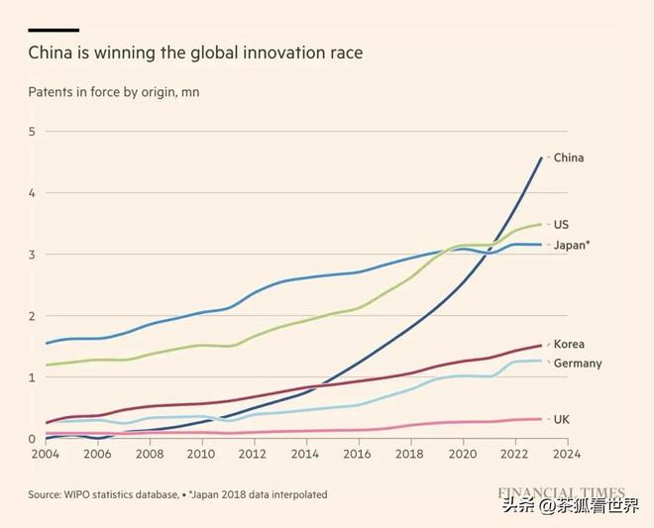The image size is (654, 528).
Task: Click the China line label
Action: pos(569,158)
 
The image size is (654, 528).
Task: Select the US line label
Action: pos(561,225)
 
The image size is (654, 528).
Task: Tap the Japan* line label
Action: pos(572,245)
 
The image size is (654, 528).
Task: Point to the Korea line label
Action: pos(569,344)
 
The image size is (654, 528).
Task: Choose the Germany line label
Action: pos(578,364)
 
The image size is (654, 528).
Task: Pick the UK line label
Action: pos(562,419)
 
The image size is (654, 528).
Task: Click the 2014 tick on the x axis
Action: pos(306,454)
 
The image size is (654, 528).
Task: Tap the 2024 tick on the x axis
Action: pos(567,454)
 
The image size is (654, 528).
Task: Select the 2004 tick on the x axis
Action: pos(45,454)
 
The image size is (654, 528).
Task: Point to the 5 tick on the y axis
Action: pos(32,132)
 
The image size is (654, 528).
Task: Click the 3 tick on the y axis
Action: pos(32,255)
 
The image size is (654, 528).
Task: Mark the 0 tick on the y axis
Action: pos(32,439)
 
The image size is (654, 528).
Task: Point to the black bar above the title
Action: pos(54,30)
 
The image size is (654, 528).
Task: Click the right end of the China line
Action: pos(541,158)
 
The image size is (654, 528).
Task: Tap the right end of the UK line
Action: pos(541,419)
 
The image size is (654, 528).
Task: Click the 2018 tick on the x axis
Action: pos(410,454)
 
